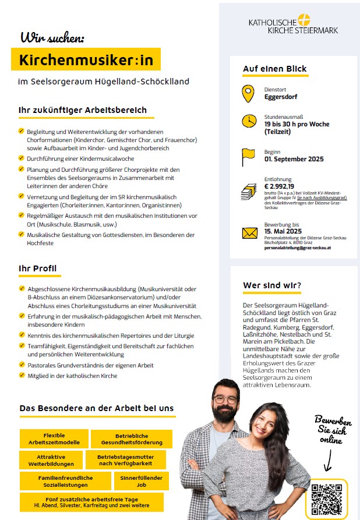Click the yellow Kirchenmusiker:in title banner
86,59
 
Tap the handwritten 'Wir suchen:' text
52,38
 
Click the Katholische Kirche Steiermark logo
293,24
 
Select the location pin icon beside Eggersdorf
249,93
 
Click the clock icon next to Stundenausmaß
249,121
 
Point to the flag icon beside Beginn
249,156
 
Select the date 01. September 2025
294,158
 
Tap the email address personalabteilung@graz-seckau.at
298,247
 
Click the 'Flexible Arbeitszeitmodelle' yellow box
54,438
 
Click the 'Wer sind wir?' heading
272,285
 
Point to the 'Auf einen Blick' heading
274,69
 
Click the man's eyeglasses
225,399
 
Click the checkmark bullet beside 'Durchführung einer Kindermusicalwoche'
21,158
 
